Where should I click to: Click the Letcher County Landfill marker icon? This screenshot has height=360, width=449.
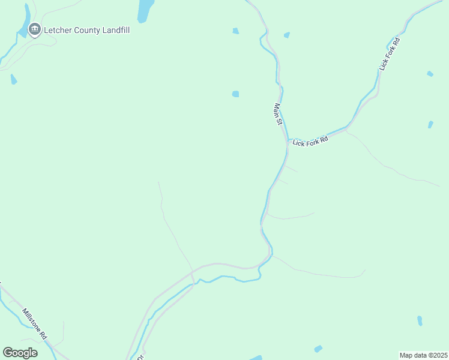35,28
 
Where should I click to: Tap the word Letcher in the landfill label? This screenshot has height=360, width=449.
58,29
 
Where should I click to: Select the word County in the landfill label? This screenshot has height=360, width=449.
87,29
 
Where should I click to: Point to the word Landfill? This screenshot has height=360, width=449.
116,29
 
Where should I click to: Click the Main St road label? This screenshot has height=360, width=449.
278,114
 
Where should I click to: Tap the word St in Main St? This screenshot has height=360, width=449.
279,121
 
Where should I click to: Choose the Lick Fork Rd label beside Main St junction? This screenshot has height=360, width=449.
310,140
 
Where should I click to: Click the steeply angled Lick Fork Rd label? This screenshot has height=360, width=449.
389,55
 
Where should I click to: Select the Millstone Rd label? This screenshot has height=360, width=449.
34,324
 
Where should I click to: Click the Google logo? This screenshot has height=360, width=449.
20,353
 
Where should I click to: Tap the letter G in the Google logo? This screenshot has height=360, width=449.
8,353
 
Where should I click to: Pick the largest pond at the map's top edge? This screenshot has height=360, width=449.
145,10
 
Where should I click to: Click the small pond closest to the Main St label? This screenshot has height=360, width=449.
235,94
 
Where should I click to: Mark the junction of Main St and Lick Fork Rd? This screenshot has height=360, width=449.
287,142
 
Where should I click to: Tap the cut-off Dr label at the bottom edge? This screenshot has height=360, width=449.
140,357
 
